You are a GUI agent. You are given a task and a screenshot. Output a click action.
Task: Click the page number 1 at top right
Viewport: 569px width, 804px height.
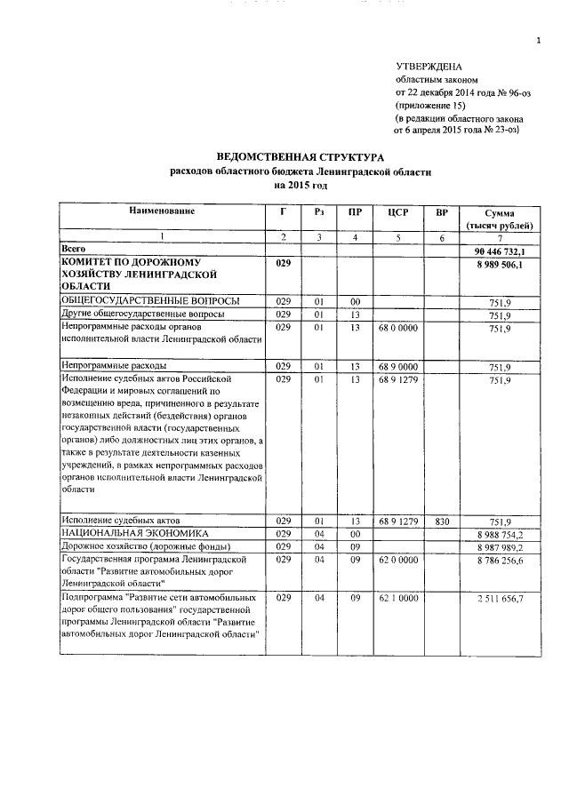pyautogui.click(x=538, y=40)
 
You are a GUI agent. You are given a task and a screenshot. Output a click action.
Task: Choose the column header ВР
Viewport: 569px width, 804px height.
pyautogui.click(x=441, y=213)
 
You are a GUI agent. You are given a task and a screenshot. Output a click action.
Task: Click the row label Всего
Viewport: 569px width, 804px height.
pyautogui.click(x=73, y=251)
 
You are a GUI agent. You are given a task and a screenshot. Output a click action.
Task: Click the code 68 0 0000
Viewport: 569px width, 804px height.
pyautogui.click(x=397, y=328)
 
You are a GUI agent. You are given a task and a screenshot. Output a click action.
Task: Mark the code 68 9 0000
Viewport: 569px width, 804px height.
pyautogui.click(x=397, y=366)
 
